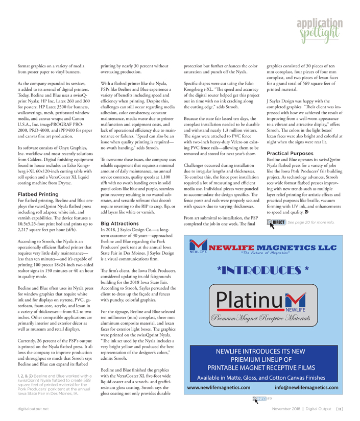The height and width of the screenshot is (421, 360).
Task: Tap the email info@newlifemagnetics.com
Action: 306,388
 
